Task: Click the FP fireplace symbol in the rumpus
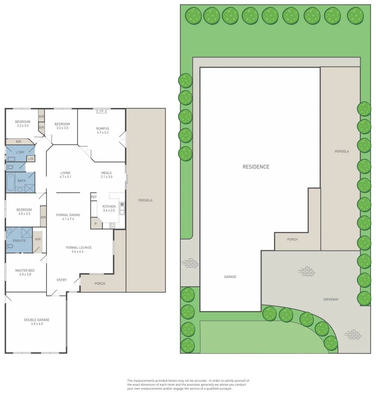click(x=102, y=111)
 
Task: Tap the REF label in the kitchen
click(x=94, y=197)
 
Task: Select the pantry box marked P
click(x=96, y=223)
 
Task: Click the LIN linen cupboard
click(x=31, y=159)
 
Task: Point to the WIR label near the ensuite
click(x=38, y=239)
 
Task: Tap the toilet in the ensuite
click(x=10, y=247)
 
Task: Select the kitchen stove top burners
click(x=112, y=225)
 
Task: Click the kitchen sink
click(x=122, y=208)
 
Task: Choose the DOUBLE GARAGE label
click(x=37, y=320)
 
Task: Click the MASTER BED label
click(x=25, y=271)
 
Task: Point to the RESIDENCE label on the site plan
click(x=256, y=167)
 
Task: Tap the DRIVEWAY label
click(x=331, y=300)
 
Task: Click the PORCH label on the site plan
click(x=292, y=239)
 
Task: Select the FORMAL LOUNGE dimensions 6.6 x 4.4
click(x=78, y=251)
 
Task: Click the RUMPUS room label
click(x=103, y=128)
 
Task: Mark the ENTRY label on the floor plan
click(x=62, y=280)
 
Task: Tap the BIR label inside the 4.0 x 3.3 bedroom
click(x=43, y=217)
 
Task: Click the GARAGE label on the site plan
click(x=230, y=276)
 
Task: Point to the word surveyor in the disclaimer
click(x=225, y=389)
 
